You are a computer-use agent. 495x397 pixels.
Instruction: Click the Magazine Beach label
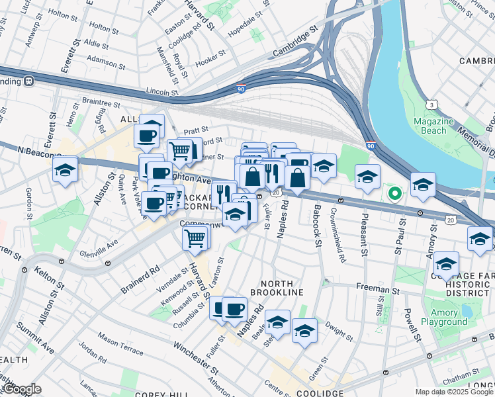(433, 126)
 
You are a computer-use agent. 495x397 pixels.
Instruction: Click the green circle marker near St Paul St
(394, 194)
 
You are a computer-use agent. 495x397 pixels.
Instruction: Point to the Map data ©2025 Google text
(454, 392)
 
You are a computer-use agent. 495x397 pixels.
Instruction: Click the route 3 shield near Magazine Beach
(432, 105)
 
